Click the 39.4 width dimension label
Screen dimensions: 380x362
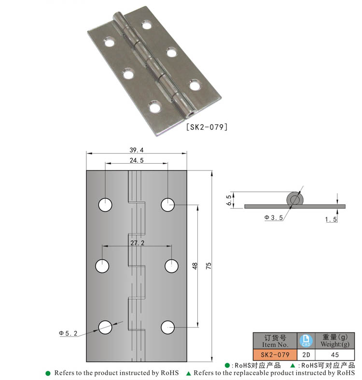click(x=137, y=150)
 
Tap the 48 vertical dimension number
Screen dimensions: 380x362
click(x=195, y=266)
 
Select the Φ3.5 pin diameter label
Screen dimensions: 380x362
click(x=273, y=218)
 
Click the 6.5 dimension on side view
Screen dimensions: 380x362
click(x=229, y=200)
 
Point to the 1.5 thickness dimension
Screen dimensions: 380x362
click(x=331, y=220)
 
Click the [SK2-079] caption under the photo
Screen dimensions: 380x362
click(x=206, y=127)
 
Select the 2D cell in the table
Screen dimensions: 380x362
click(x=306, y=355)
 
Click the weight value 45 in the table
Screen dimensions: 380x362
click(x=334, y=355)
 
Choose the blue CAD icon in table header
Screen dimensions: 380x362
click(x=306, y=340)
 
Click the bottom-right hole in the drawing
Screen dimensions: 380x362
click(x=167, y=327)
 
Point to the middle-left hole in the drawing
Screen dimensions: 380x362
click(x=102, y=266)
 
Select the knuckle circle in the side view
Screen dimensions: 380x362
click(x=294, y=199)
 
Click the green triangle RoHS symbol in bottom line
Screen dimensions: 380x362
click(x=189, y=373)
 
